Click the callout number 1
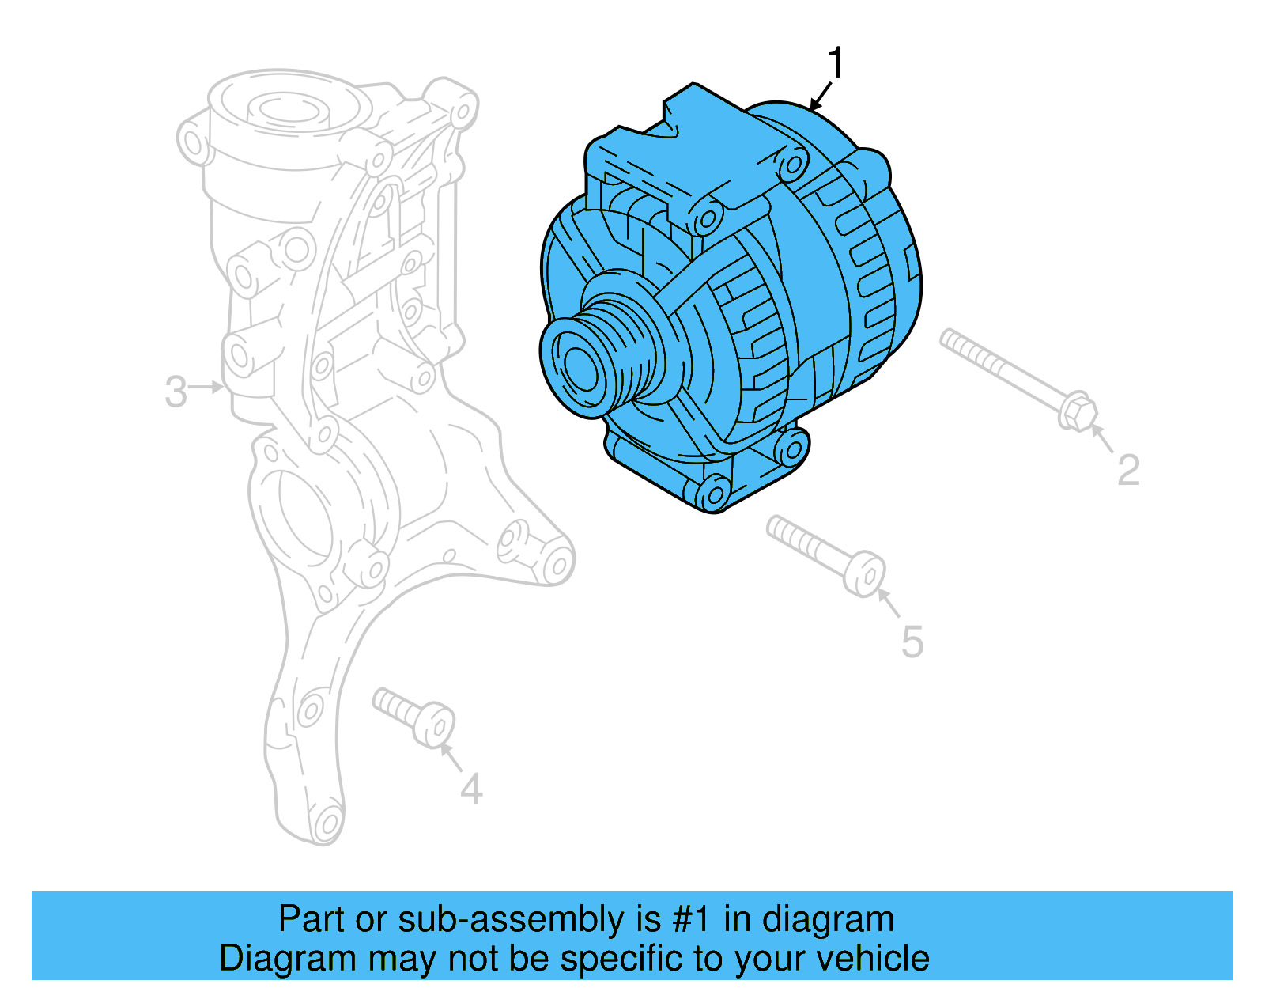[x=835, y=62]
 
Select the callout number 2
[x=1128, y=470]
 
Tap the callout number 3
[x=176, y=392]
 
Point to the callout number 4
[x=471, y=789]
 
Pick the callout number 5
[x=912, y=642]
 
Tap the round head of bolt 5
[x=865, y=574]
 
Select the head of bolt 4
[x=434, y=724]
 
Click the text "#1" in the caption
[x=692, y=920]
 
